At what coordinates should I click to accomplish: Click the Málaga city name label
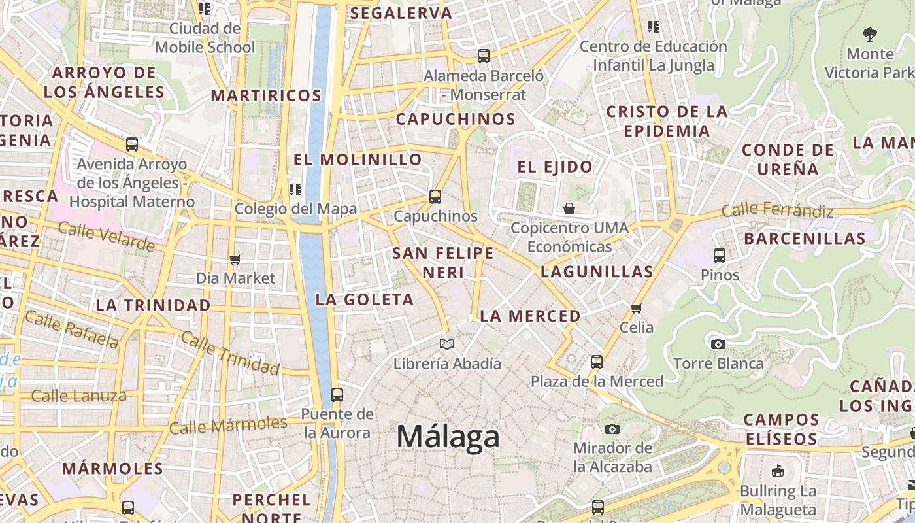(x=448, y=437)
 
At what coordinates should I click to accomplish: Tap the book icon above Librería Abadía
(x=447, y=344)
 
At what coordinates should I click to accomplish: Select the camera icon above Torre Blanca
(x=718, y=344)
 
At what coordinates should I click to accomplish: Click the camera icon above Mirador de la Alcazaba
(x=612, y=429)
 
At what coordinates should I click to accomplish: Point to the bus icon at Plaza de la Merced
(x=596, y=362)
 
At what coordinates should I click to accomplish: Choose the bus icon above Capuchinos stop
(x=435, y=196)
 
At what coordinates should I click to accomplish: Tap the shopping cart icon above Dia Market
(x=235, y=259)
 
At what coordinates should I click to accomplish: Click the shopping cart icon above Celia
(x=636, y=307)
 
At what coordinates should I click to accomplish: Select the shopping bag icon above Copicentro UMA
(x=569, y=209)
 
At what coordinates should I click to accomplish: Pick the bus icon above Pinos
(x=720, y=256)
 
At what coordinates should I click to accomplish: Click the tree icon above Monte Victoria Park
(x=869, y=34)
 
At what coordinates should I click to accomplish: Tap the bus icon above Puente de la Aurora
(x=337, y=394)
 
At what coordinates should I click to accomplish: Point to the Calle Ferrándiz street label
(x=777, y=211)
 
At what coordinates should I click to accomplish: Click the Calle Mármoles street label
(x=228, y=426)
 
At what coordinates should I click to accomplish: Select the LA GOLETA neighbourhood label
(x=365, y=299)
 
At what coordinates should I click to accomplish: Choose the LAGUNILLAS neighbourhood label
(x=597, y=271)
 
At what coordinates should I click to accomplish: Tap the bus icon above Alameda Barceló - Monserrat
(x=484, y=56)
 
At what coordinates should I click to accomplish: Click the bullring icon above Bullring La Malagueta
(x=778, y=471)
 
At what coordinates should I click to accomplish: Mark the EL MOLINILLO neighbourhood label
(x=358, y=160)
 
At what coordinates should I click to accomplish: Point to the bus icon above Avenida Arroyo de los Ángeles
(x=132, y=144)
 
